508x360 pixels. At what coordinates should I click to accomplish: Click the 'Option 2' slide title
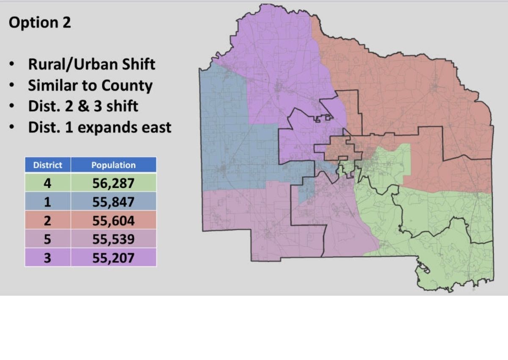[x=40, y=23]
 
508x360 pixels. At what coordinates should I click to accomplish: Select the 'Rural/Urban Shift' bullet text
[x=91, y=64]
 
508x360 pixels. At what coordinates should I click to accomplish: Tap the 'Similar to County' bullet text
[x=90, y=86]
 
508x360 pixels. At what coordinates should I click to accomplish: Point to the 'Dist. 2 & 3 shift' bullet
[x=83, y=106]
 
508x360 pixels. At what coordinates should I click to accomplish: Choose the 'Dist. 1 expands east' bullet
[x=99, y=127]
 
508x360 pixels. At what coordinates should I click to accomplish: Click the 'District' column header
[x=48, y=165]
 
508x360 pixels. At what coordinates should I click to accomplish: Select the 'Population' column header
[x=113, y=165]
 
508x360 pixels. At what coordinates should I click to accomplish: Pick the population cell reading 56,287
[x=113, y=183]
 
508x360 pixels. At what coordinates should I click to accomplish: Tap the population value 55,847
[x=113, y=202]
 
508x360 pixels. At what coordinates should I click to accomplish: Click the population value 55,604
[x=113, y=221]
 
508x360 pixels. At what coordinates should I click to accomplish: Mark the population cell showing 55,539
[x=113, y=239]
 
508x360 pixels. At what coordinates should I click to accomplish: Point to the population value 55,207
[x=113, y=258]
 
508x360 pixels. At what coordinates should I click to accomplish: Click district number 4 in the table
[x=48, y=183]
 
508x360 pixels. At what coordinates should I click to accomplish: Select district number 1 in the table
[x=48, y=202]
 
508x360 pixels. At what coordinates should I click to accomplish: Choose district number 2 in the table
[x=48, y=221]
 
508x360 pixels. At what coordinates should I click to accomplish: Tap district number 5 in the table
[x=48, y=239]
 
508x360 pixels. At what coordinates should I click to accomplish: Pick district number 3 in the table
[x=48, y=258]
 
